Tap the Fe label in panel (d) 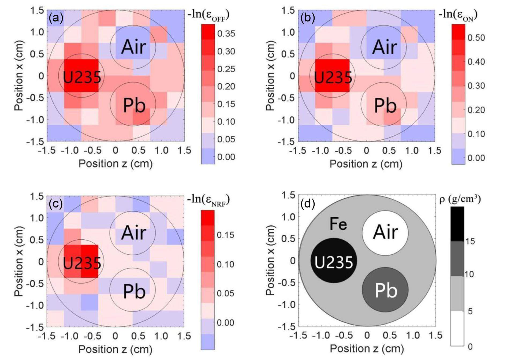tap(338, 224)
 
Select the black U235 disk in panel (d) tap(334, 261)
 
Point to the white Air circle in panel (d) tap(385, 232)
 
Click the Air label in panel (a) tap(133, 47)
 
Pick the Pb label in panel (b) tap(385, 105)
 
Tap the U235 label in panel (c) tap(82, 263)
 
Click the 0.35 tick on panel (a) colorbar tap(226, 34)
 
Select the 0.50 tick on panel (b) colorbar tap(476, 38)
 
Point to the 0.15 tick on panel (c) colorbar tap(225, 235)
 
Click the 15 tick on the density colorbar tap(470, 241)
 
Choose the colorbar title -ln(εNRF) tap(208, 199)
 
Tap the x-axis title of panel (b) tap(366, 164)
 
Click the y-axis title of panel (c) tap(19, 261)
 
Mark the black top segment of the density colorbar tap(457, 224)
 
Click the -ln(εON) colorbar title tap(458, 15)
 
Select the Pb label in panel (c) tap(134, 291)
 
